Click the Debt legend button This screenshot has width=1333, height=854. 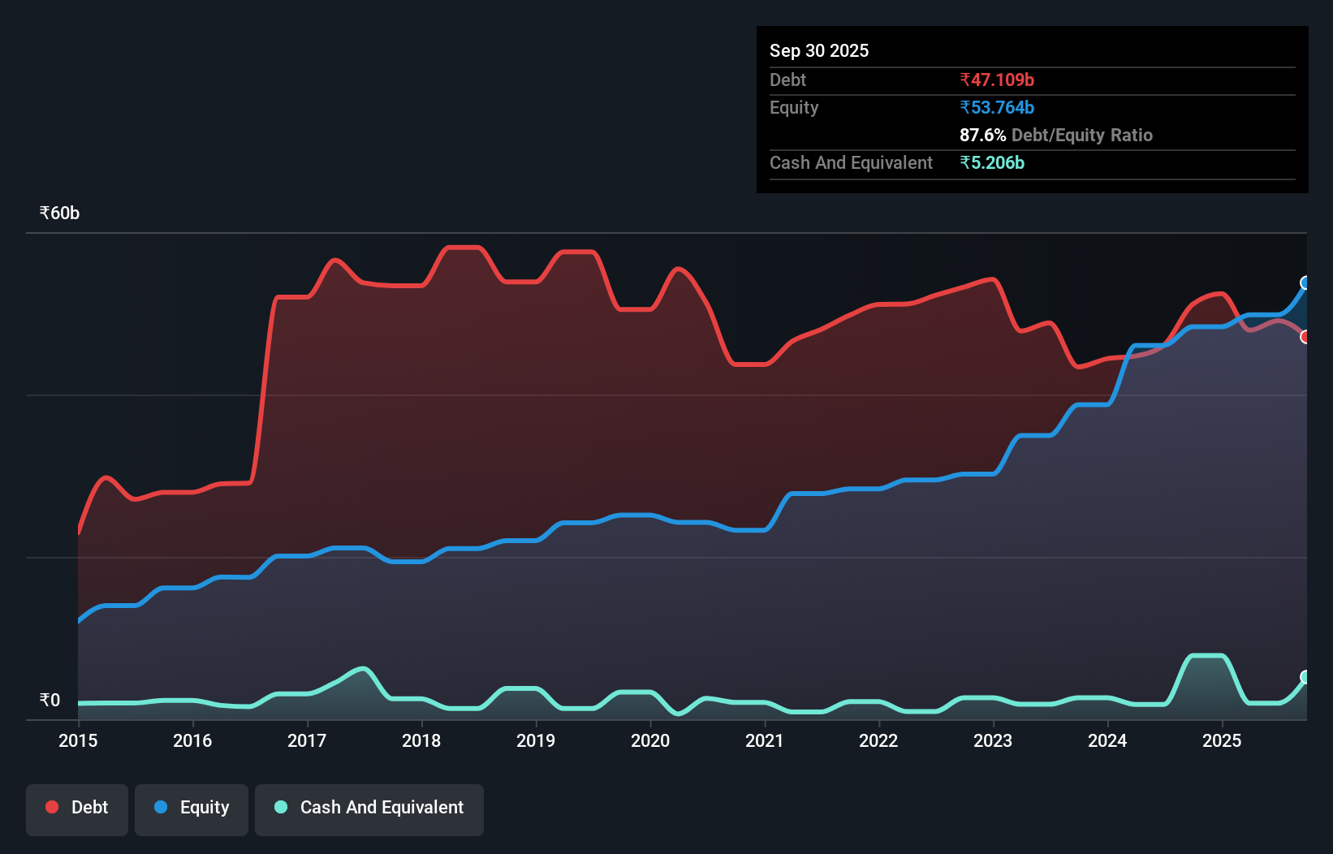pos(77,809)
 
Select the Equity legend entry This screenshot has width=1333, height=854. pos(192,809)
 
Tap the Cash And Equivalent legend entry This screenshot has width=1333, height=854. pos(369,809)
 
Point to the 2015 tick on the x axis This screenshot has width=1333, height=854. pos(78,740)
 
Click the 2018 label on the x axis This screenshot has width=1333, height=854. pos(421,740)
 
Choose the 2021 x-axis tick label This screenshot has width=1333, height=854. pos(765,740)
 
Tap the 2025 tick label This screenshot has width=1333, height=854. pos(1222,740)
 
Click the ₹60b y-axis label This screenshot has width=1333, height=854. pos(59,213)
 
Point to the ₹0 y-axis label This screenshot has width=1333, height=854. pos(50,701)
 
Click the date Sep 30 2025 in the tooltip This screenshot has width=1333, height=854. pos(819,51)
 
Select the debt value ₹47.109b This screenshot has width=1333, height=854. pos(997,80)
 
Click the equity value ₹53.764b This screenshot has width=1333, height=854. pos(997,108)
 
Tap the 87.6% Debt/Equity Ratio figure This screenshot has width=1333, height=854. pos(1055,136)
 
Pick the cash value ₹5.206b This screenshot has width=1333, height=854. pos(992,163)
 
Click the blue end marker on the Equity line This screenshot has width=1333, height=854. pos(1305,283)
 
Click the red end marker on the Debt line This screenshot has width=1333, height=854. pos(1305,337)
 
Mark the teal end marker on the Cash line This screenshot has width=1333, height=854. pos(1305,677)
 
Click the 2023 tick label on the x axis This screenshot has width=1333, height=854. pos(993,740)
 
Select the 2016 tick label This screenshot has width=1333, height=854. pos(192,740)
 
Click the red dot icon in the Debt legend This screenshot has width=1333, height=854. pos(52,807)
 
